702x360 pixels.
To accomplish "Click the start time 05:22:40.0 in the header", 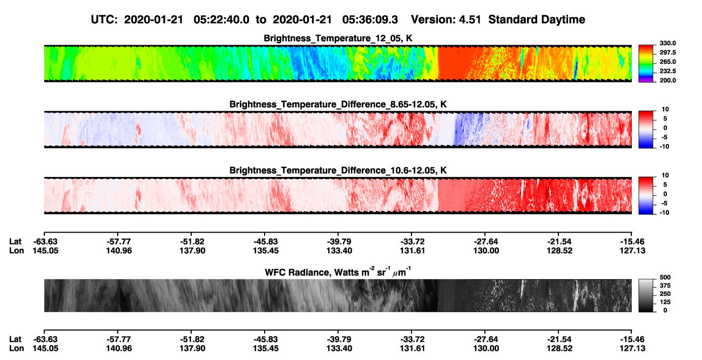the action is (x=221, y=20).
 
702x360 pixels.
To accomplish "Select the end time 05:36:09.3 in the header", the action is (x=370, y=20).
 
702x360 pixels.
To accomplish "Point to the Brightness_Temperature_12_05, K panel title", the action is (x=338, y=38).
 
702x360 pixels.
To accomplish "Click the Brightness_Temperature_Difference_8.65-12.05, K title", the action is (x=338, y=104).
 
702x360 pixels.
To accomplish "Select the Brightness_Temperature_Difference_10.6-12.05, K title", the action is (x=338, y=171).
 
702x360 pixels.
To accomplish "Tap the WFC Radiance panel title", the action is (x=338, y=272).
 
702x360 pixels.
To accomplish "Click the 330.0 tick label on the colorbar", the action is (x=667, y=43).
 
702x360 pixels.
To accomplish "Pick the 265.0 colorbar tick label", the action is (x=667, y=62).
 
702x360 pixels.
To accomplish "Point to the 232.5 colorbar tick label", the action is (x=667, y=71).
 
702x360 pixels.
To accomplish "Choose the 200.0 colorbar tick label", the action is (x=667, y=80).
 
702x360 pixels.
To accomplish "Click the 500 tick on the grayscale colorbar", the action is (x=665, y=277).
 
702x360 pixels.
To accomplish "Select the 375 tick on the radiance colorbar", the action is (x=665, y=286).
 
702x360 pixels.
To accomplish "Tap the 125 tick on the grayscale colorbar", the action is (x=665, y=302).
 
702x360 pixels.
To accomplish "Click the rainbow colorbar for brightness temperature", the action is (x=646, y=64).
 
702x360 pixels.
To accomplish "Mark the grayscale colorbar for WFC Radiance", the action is (x=646, y=295).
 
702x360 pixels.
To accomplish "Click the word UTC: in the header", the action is (x=104, y=20).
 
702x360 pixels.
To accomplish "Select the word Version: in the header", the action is (x=433, y=20).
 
